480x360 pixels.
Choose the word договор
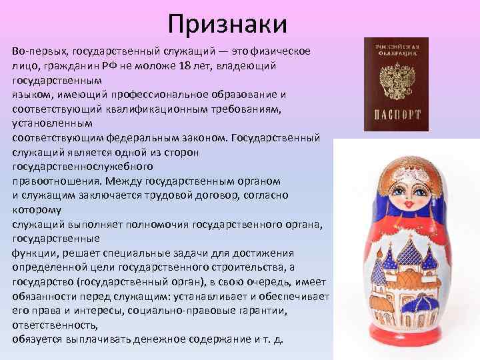click(x=240, y=195)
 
